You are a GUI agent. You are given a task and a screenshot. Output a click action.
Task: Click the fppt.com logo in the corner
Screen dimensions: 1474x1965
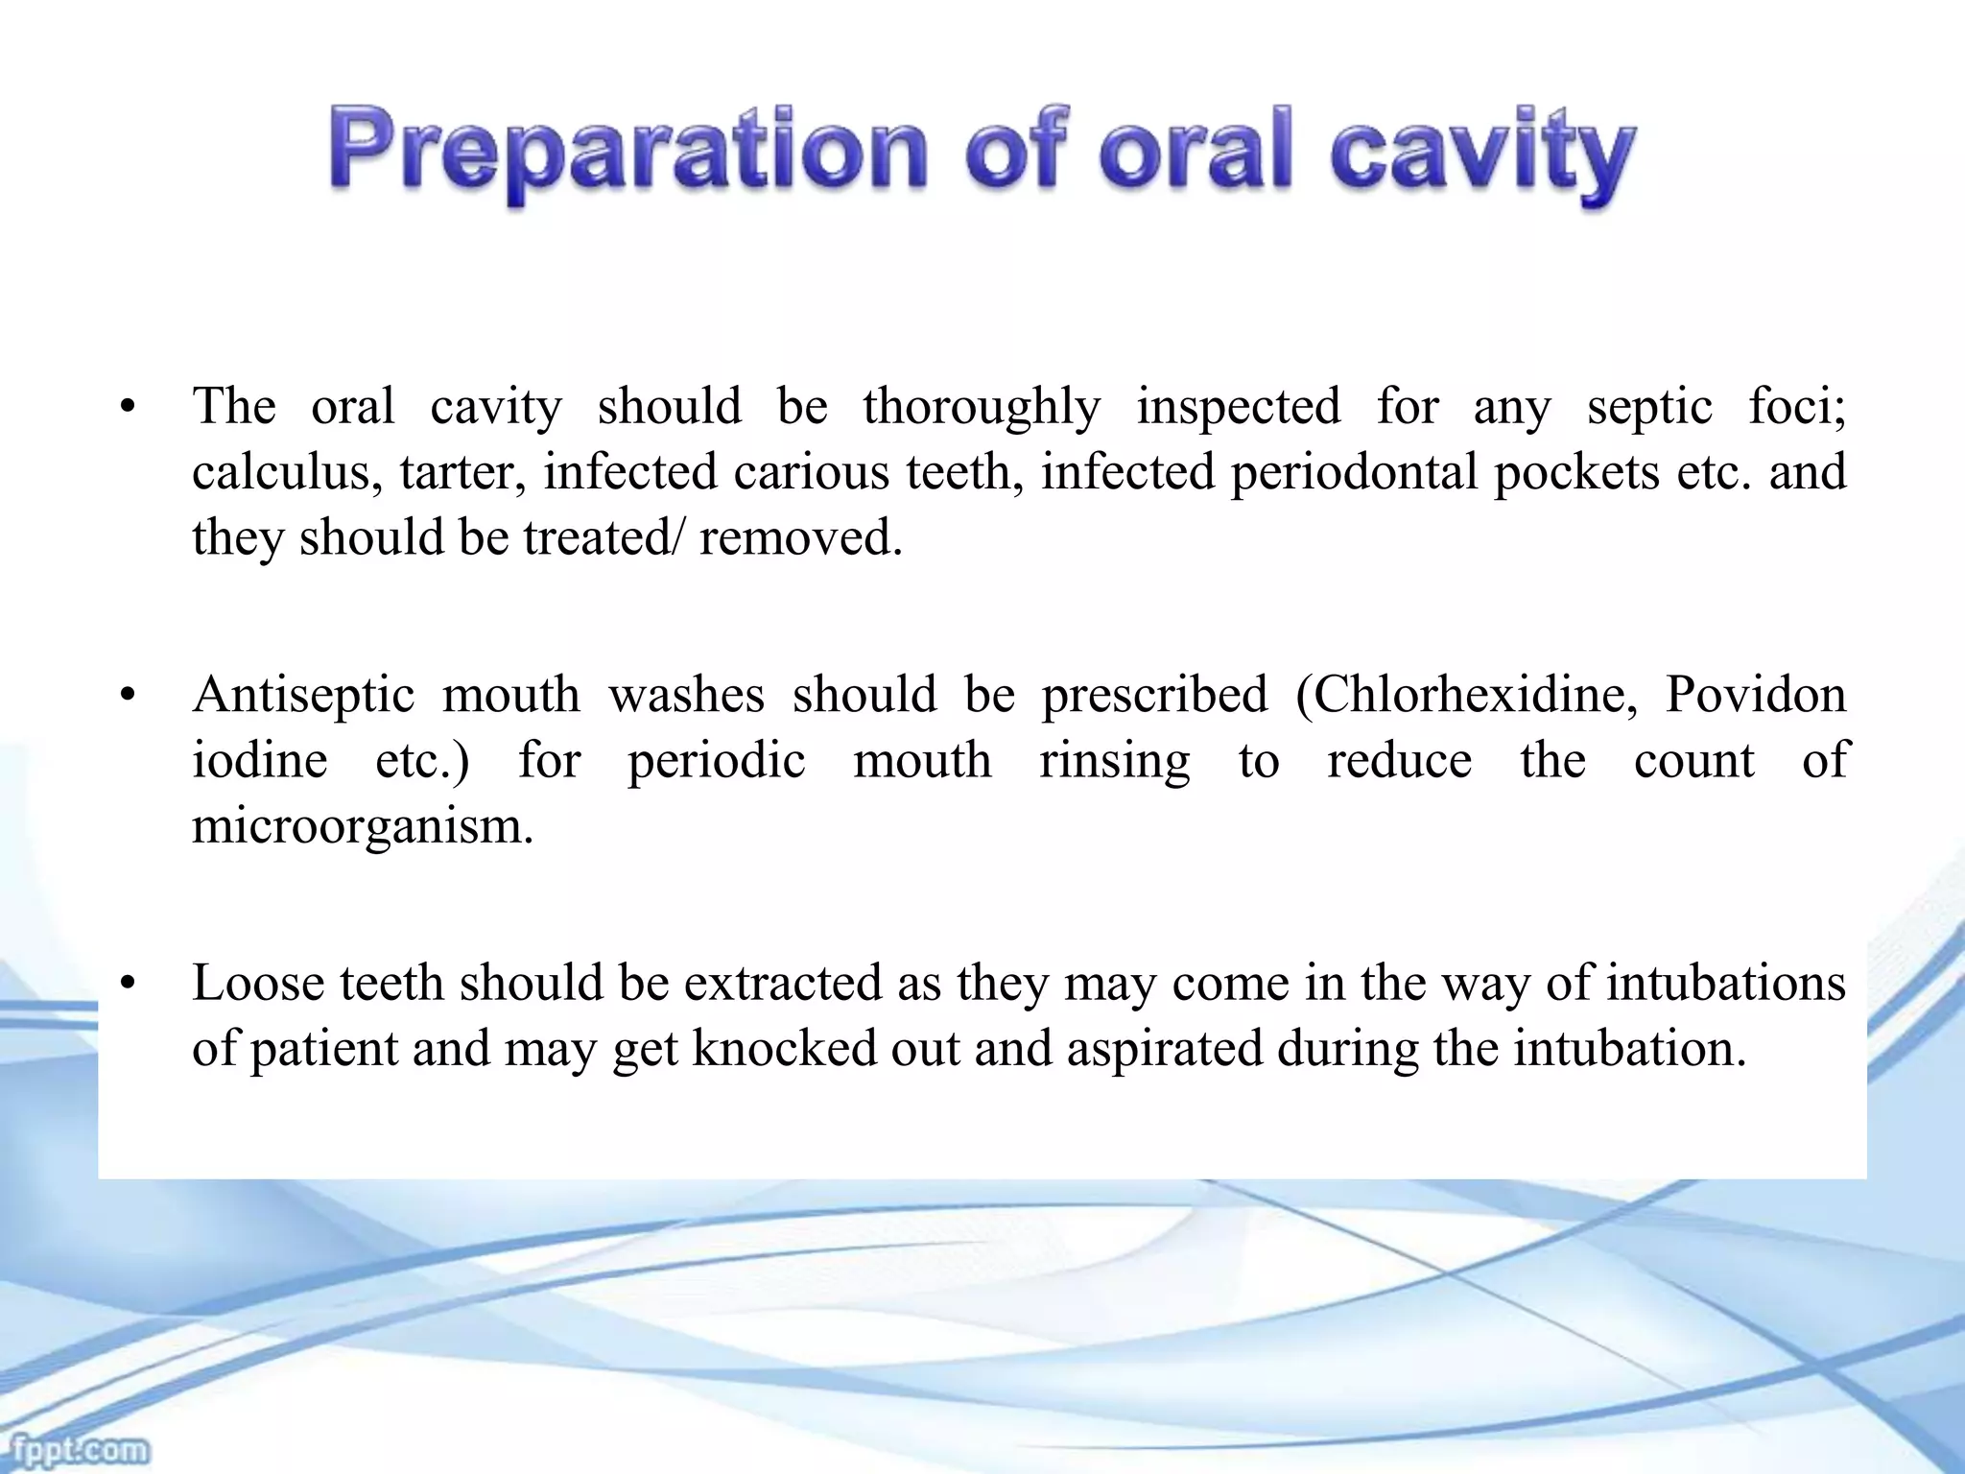75,1447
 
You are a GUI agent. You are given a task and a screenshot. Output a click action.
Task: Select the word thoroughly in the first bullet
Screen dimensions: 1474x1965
981,407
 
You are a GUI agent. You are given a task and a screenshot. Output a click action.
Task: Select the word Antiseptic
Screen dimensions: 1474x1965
303,695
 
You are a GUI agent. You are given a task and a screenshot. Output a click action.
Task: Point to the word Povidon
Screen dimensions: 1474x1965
1755,695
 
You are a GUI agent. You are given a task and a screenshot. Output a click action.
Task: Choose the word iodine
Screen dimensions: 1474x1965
259,761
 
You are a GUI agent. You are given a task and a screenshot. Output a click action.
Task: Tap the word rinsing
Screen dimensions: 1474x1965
1114,761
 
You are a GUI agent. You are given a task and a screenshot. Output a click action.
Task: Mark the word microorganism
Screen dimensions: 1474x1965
362,826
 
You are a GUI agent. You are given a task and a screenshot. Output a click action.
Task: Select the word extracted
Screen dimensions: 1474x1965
782,984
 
